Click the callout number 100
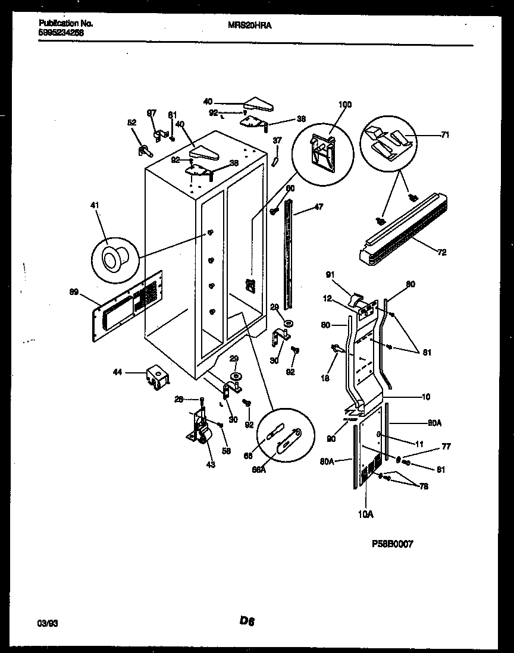pos(344,105)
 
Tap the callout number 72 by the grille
pos(442,252)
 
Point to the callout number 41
pos(95,206)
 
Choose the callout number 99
pos(74,292)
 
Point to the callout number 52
pos(131,123)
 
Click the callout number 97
pos(151,112)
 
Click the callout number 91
pos(331,275)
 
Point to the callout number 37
pos(277,140)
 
